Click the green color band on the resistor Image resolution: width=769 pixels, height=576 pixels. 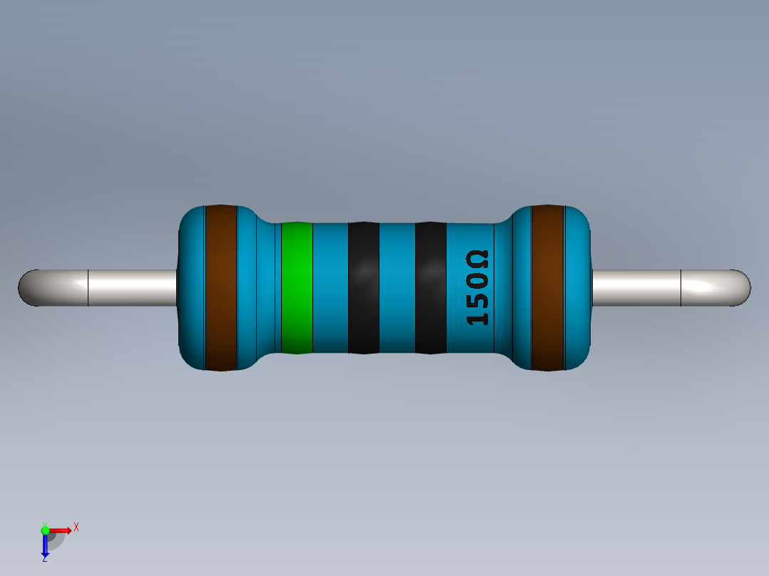(297, 288)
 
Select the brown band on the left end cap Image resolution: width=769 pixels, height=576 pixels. (220, 288)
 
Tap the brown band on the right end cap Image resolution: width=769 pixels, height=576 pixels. (548, 288)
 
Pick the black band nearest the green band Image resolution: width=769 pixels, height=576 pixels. (363, 288)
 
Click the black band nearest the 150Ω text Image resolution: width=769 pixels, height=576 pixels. (430, 288)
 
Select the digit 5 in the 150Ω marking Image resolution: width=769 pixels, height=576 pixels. (477, 298)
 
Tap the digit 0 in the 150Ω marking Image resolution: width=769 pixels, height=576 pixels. (477, 279)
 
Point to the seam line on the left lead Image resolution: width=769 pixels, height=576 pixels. (88, 288)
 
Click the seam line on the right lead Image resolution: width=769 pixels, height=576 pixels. (681, 288)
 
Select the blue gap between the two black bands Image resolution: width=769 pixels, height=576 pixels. (397, 288)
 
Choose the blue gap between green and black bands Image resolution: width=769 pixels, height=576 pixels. (330, 288)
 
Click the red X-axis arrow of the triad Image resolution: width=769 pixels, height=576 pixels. (62, 530)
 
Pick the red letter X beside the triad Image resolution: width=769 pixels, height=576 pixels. (76, 528)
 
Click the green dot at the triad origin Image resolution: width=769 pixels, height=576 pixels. (46, 530)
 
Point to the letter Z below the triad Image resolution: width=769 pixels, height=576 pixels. (44, 559)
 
